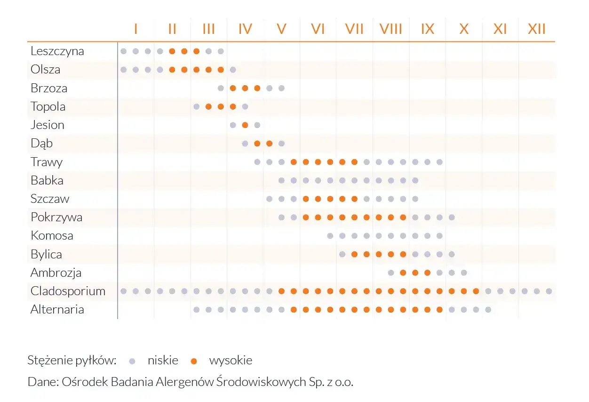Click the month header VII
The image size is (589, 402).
[354, 29]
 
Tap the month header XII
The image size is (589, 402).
[536, 29]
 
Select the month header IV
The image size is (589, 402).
[245, 29]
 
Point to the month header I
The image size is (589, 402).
[135, 29]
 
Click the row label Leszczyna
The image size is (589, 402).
[57, 51]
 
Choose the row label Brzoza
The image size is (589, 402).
[49, 88]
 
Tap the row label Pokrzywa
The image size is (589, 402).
[56, 217]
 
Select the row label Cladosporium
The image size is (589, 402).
[68, 291]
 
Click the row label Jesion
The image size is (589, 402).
[48, 125]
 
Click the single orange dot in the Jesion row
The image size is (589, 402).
[245, 125]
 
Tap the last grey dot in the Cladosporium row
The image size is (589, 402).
[549, 291]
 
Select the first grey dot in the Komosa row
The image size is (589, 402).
[330, 235]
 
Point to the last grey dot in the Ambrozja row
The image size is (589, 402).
[463, 273]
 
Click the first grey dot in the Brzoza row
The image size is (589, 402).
[221, 88]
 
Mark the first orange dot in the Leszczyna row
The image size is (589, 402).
[172, 51]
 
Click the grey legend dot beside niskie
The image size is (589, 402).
[132, 361]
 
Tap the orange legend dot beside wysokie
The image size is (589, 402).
[194, 361]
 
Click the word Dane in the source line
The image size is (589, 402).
[42, 382]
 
